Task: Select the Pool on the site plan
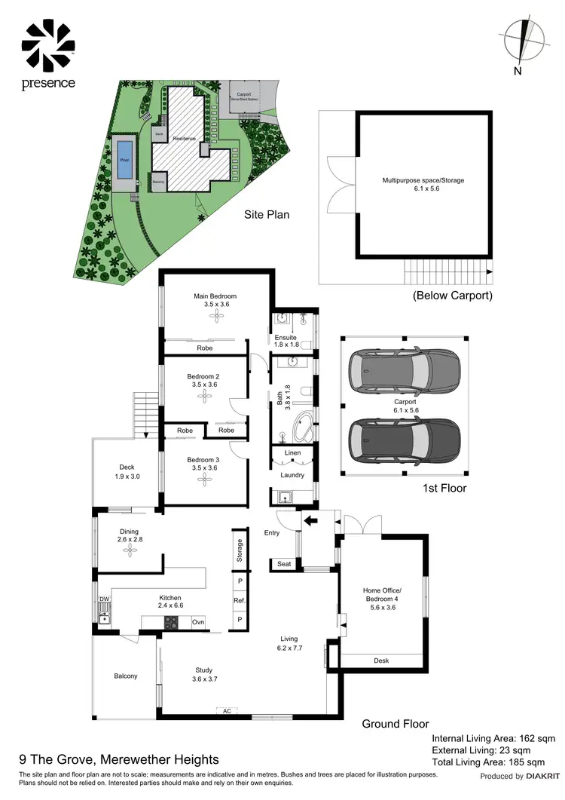click(124, 159)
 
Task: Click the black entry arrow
click(310, 519)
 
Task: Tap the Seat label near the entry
click(284, 563)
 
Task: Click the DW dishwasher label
click(105, 600)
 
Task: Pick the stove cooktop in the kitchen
click(172, 622)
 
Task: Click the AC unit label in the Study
click(224, 710)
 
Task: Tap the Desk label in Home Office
click(382, 661)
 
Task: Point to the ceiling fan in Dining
click(127, 551)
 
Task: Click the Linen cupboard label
click(292, 453)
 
